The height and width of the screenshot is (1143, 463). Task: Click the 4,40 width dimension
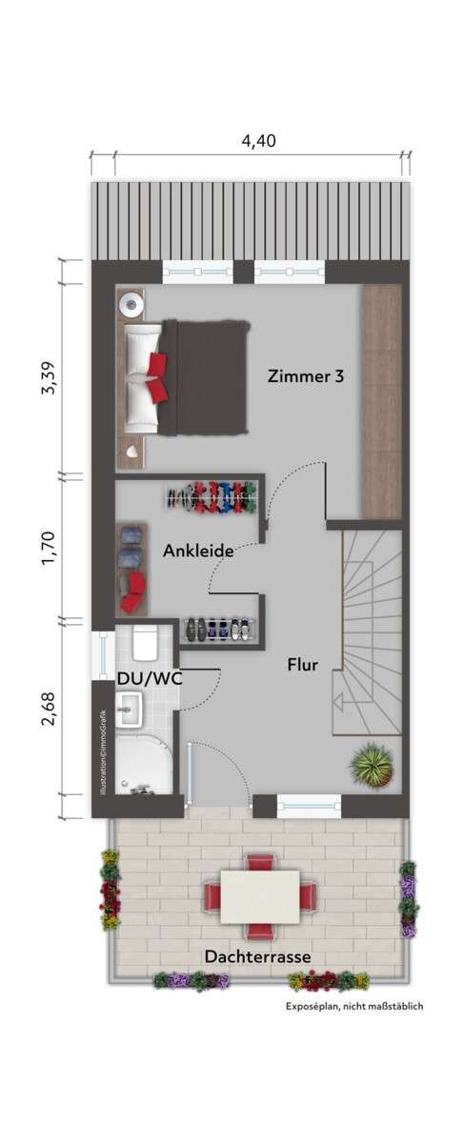tap(258, 141)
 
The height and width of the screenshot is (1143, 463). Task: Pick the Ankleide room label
tap(198, 551)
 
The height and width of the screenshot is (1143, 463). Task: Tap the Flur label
tap(303, 665)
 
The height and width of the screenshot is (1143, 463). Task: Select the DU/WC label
tap(150, 676)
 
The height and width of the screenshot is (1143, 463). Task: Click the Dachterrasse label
tap(257, 956)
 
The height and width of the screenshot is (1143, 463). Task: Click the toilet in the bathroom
tap(145, 645)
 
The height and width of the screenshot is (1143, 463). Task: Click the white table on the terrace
tap(260, 896)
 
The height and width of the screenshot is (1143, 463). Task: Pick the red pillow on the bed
tap(157, 368)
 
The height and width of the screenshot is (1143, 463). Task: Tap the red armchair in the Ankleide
tap(133, 592)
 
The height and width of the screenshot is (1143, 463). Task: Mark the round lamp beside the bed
tap(131, 304)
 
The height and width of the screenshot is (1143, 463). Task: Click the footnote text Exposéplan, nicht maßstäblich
tap(354, 1006)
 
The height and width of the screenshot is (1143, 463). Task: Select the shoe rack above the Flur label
tap(217, 630)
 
